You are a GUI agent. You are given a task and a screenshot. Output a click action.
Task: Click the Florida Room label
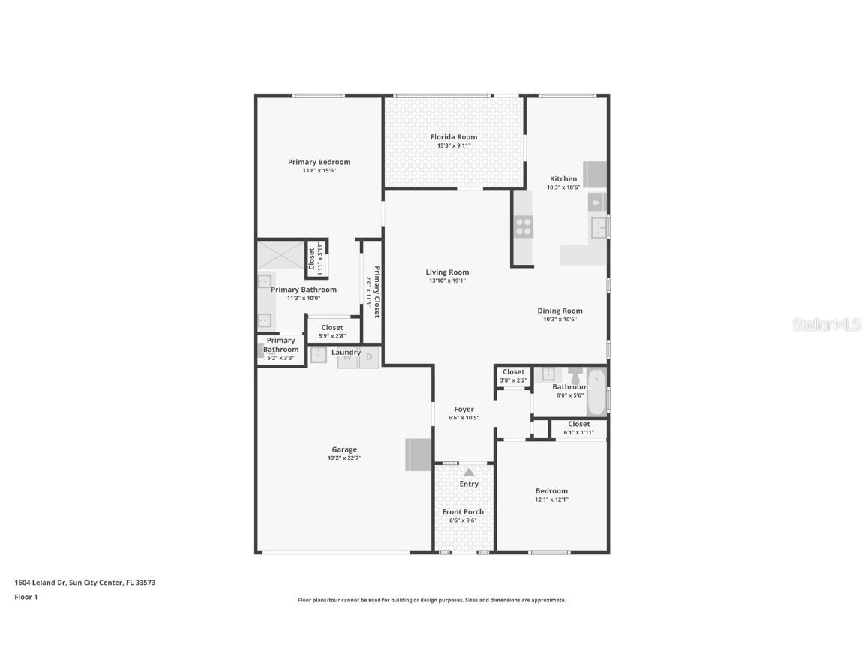453,137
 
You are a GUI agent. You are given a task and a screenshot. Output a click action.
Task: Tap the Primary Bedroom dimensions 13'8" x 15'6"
319,171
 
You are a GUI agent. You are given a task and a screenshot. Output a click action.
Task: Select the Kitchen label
563,178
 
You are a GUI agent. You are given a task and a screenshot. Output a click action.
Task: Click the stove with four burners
523,226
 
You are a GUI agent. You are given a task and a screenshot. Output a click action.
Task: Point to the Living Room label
447,272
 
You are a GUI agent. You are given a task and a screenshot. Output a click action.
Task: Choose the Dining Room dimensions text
559,319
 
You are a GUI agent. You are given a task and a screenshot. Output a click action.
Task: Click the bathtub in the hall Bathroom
596,391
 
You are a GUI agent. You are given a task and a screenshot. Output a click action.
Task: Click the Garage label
344,449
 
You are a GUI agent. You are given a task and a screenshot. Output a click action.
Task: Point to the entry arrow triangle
469,472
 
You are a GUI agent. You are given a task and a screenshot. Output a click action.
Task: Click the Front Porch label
463,512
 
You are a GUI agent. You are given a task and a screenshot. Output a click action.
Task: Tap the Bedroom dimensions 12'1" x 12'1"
551,499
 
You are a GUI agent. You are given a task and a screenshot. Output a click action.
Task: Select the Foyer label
463,409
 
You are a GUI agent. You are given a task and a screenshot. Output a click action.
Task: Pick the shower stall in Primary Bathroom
281,255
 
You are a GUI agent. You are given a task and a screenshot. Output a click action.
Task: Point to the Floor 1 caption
25,597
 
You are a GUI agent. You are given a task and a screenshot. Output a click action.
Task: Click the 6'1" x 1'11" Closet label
578,424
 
